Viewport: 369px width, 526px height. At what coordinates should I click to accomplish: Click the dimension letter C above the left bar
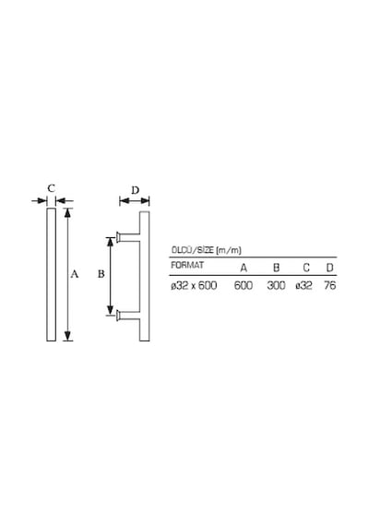coord(51,188)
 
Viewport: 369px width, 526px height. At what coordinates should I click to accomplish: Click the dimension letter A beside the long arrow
coord(75,274)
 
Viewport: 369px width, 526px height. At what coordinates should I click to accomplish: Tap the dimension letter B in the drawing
coord(101,274)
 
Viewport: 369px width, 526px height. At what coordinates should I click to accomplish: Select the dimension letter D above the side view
coord(135,190)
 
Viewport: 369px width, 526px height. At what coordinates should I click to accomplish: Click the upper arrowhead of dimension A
coord(67,212)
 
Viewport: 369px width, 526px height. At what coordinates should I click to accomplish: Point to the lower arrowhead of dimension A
coord(67,336)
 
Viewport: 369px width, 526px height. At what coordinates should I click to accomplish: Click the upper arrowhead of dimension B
coord(110,242)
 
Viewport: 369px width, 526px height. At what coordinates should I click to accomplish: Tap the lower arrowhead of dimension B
coord(110,310)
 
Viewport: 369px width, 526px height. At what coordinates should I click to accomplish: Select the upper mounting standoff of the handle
coord(128,237)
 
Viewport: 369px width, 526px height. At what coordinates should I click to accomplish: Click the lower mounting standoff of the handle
coord(128,316)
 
